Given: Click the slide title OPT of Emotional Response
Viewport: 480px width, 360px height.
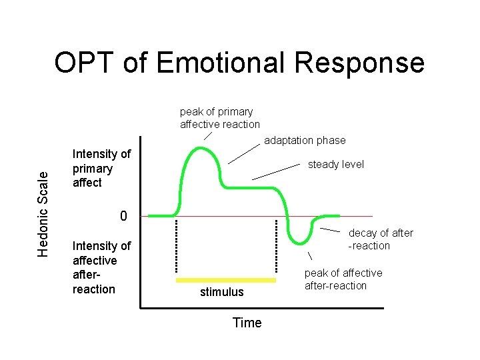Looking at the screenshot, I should (239, 63).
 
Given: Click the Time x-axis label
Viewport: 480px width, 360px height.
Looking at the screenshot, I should (247, 323).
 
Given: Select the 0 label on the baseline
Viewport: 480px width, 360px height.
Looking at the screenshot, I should (123, 216).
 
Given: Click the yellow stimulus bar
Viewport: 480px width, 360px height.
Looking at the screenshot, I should (225, 280).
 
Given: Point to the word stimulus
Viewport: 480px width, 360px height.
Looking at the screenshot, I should (222, 292).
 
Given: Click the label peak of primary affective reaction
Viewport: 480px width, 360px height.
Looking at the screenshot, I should (219, 118).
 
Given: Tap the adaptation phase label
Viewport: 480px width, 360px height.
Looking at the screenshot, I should (305, 140).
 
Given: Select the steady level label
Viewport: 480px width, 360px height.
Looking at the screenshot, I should (335, 164).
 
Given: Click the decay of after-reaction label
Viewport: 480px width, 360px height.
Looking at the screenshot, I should (380, 239).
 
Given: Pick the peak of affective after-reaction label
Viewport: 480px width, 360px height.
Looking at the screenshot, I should (343, 279).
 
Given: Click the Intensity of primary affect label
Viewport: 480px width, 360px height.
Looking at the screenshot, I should (101, 169).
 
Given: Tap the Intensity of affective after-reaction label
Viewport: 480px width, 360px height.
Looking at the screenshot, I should (101, 267).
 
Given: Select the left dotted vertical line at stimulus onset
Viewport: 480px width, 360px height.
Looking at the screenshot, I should (176, 247).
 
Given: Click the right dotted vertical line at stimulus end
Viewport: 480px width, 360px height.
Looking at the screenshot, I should (275, 247).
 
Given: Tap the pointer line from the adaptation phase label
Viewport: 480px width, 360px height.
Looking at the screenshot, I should (244, 154).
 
